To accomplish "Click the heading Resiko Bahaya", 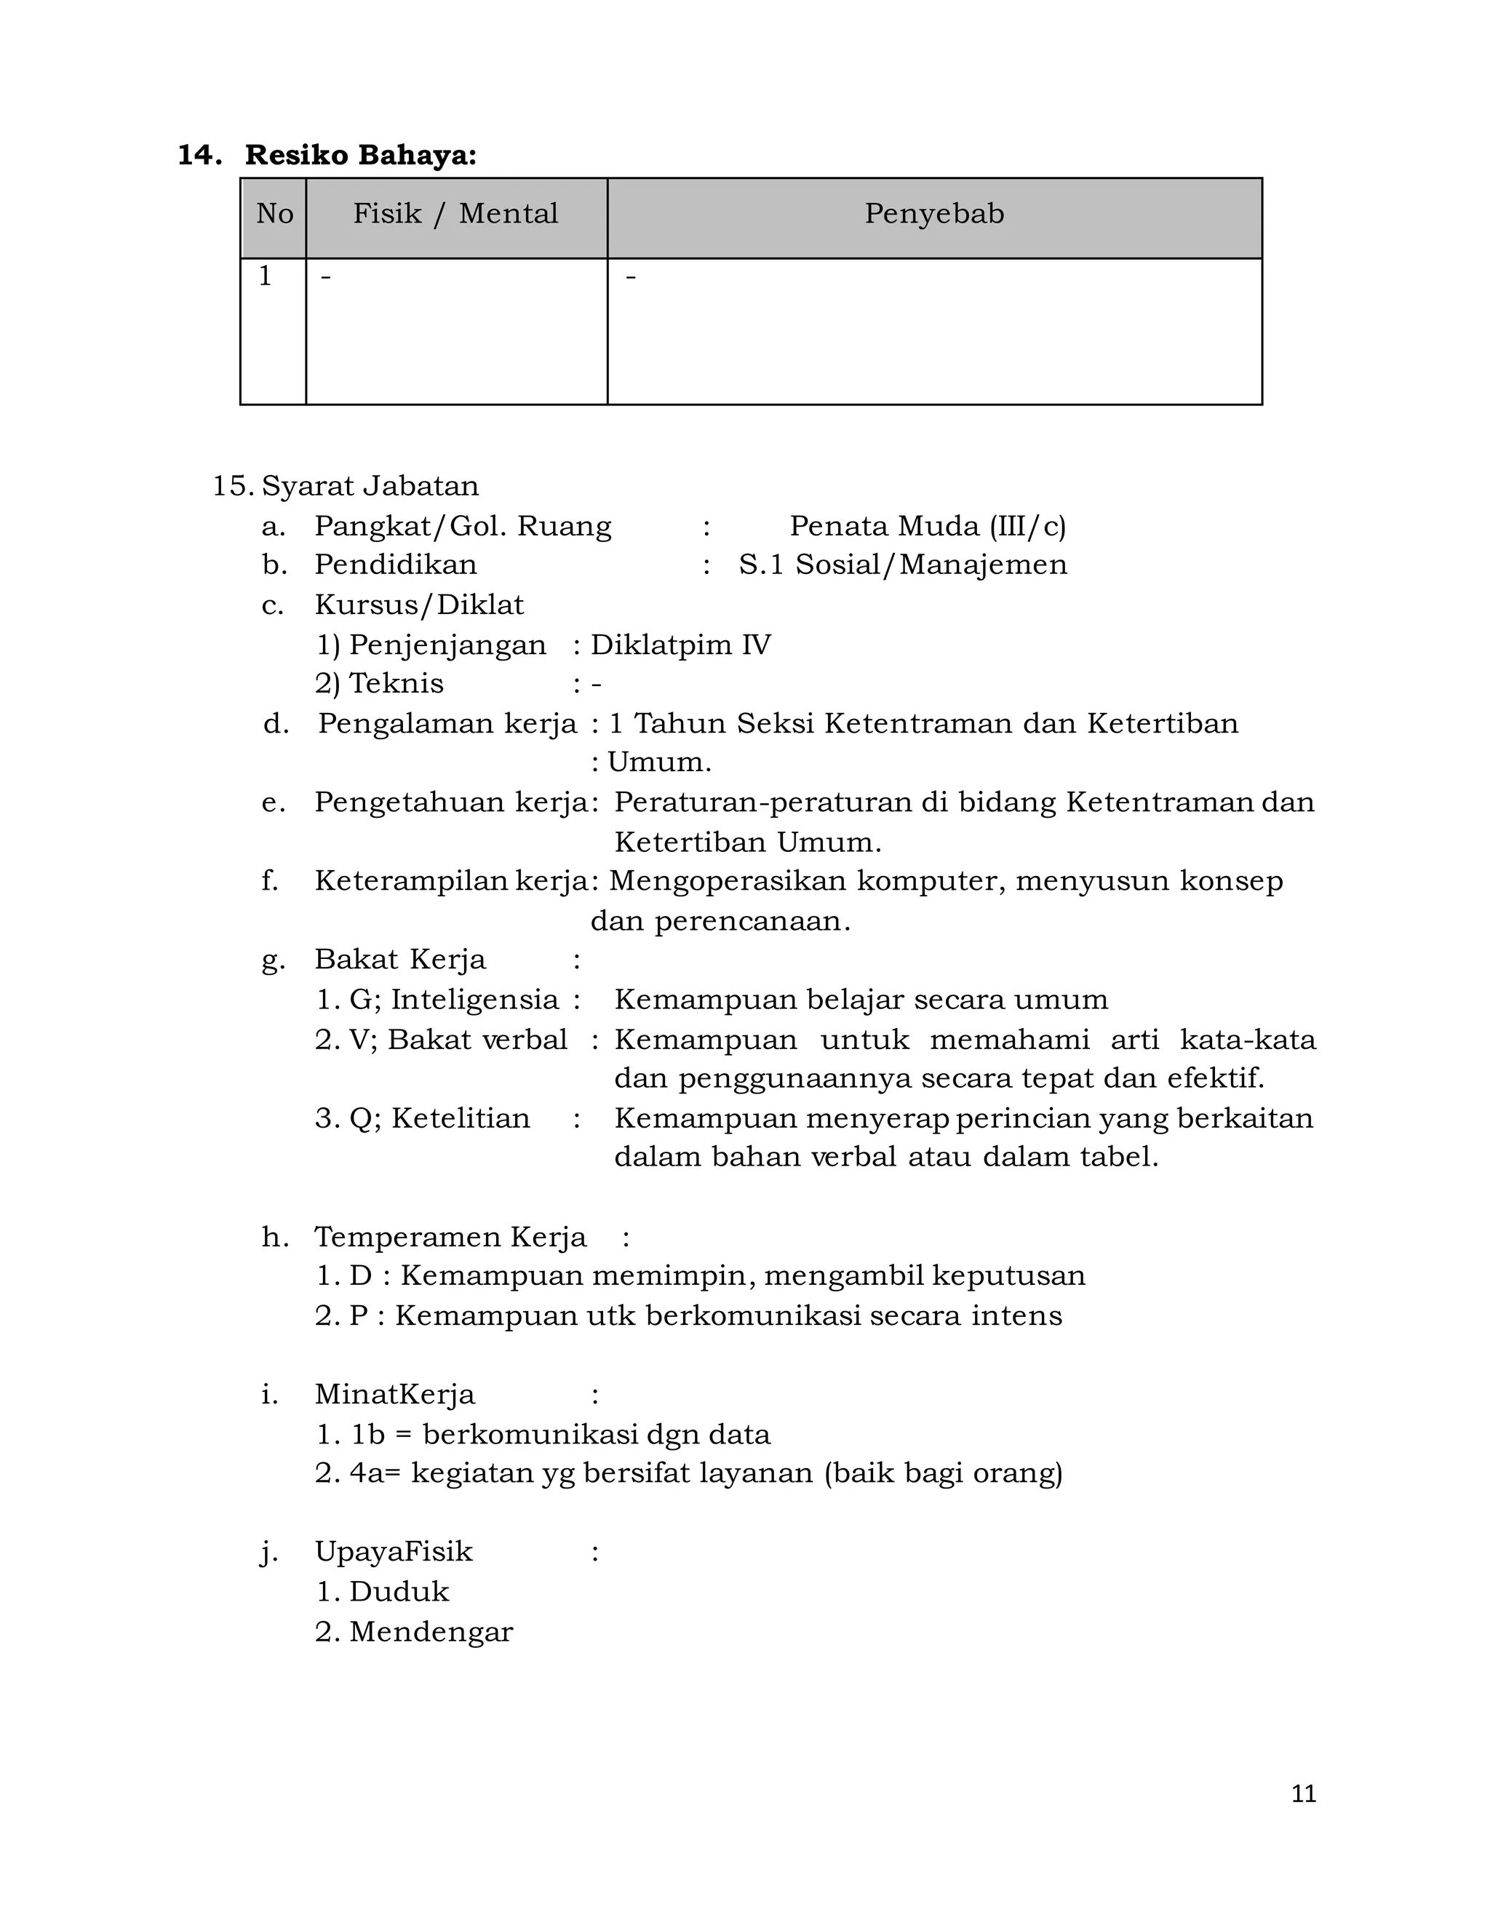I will click(x=360, y=156).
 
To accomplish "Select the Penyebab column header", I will click(x=934, y=214).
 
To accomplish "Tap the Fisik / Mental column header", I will click(x=455, y=214).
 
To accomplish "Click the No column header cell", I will click(x=274, y=214).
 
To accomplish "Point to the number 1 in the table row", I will click(x=265, y=276).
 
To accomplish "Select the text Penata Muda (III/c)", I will click(x=928, y=526).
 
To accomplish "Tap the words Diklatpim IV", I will click(x=680, y=645).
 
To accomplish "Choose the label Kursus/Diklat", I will click(x=419, y=605).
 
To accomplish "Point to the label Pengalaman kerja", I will click(x=447, y=724).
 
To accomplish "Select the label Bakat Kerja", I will click(x=400, y=960).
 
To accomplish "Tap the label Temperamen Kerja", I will click(x=450, y=1237).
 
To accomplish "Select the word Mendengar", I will click(x=431, y=1631).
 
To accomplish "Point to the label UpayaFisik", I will click(x=394, y=1552).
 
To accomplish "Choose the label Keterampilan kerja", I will click(x=451, y=881).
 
